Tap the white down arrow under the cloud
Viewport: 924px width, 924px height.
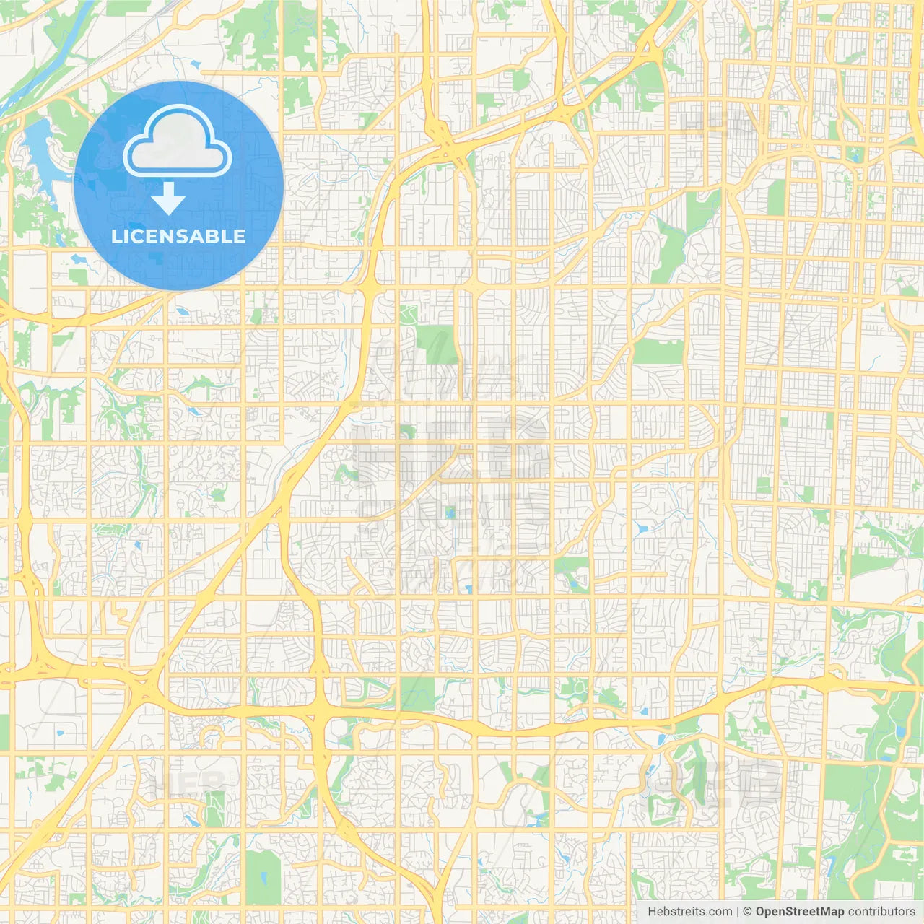169,199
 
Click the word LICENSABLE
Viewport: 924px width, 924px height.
178,236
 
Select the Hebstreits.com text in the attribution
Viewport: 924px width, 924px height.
689,912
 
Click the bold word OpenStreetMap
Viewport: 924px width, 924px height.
799,912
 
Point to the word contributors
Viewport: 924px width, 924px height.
881,912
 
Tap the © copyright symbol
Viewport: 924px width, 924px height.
748,912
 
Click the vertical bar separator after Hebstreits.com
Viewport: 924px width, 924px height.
738,912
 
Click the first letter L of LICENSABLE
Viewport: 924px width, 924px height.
116,236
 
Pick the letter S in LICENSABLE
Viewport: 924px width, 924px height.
186,236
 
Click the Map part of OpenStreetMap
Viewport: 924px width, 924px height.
830,912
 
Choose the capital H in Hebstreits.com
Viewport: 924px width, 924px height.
652,912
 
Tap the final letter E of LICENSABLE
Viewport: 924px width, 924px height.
240,236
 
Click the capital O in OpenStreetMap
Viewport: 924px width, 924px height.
761,912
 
